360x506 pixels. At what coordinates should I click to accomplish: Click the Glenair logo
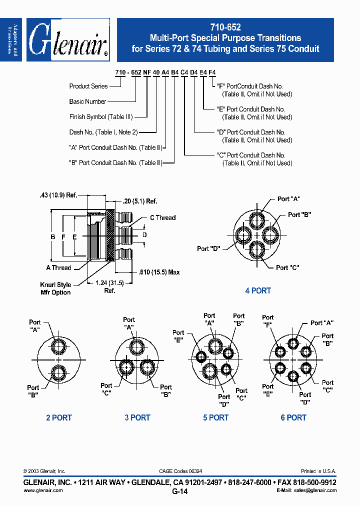[x=68, y=40]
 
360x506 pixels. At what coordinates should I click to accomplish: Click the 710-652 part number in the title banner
[x=225, y=28]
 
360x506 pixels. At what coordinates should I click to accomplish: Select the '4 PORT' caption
[x=258, y=290]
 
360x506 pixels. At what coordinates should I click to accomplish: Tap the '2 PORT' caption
[x=59, y=417]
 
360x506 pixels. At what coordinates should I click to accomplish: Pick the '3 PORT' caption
[x=137, y=417]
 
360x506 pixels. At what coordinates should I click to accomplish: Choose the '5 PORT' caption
[x=215, y=417]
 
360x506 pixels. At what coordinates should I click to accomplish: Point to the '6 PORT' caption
[x=293, y=417]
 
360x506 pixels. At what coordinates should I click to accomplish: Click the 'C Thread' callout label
[x=163, y=217]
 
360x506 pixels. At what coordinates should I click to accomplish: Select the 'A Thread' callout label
[x=58, y=267]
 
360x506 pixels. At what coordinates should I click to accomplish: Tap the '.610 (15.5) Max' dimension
[x=158, y=272]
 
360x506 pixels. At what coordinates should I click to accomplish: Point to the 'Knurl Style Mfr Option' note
[x=55, y=288]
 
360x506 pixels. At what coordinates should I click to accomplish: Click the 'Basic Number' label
[x=87, y=101]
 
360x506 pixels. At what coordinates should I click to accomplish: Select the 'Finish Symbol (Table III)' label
[x=100, y=117]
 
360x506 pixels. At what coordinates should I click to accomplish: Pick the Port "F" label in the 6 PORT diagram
[x=268, y=320]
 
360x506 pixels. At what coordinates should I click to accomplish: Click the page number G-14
[x=180, y=492]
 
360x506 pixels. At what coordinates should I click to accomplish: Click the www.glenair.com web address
[x=43, y=490]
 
